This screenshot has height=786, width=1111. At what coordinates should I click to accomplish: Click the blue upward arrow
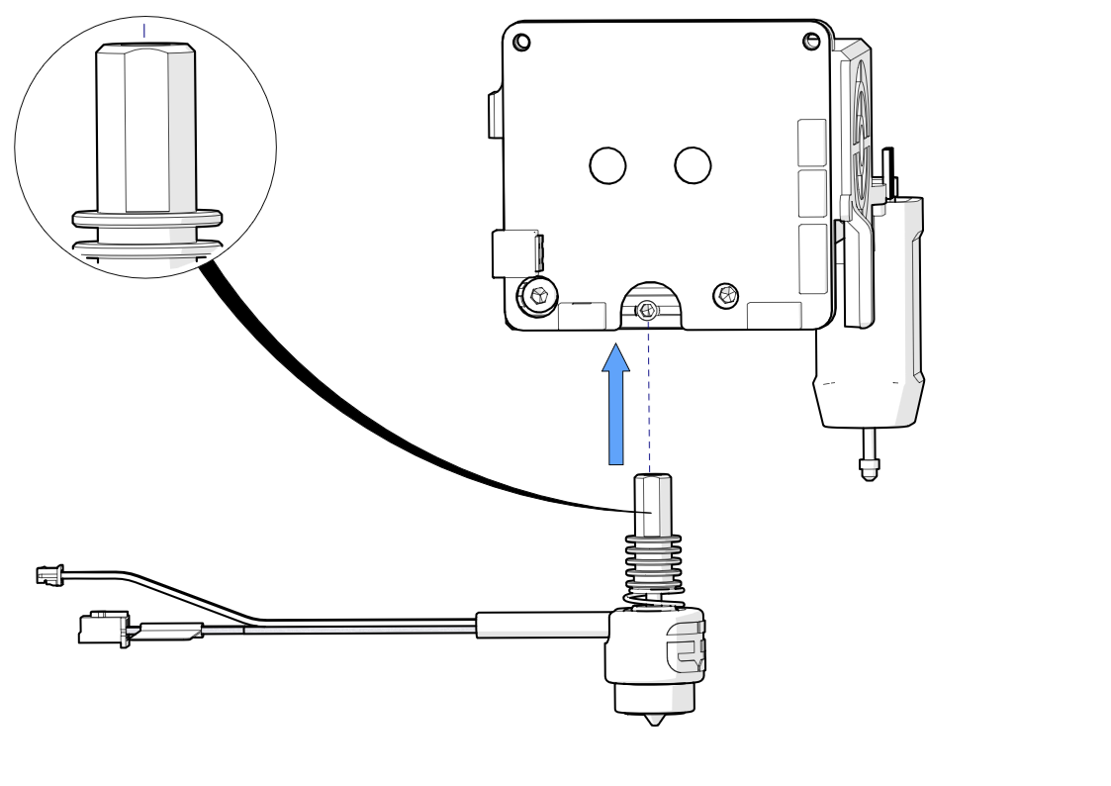coord(617,406)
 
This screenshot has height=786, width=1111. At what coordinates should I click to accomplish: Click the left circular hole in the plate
coord(607,165)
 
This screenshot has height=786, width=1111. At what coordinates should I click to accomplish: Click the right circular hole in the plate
coord(693,165)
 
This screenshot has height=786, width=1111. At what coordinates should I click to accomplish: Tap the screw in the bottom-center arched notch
coord(648,311)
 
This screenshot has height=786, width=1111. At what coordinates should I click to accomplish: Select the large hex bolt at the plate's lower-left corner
coord(538,295)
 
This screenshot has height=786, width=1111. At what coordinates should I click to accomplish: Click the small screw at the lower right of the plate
coord(726,294)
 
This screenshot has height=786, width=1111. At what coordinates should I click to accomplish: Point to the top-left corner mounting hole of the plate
coord(522,42)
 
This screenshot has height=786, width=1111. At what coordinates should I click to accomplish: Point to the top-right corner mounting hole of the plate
coord(811,41)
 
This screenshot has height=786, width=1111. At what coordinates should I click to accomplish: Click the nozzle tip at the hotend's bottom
coord(653,719)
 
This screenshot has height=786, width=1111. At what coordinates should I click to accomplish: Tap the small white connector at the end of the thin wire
coord(47,574)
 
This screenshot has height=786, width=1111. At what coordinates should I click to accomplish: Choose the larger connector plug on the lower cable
coord(105,629)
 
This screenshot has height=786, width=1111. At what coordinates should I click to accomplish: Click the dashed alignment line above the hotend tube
coord(648,396)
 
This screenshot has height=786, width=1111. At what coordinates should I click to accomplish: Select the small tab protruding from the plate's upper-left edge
coord(495,115)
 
